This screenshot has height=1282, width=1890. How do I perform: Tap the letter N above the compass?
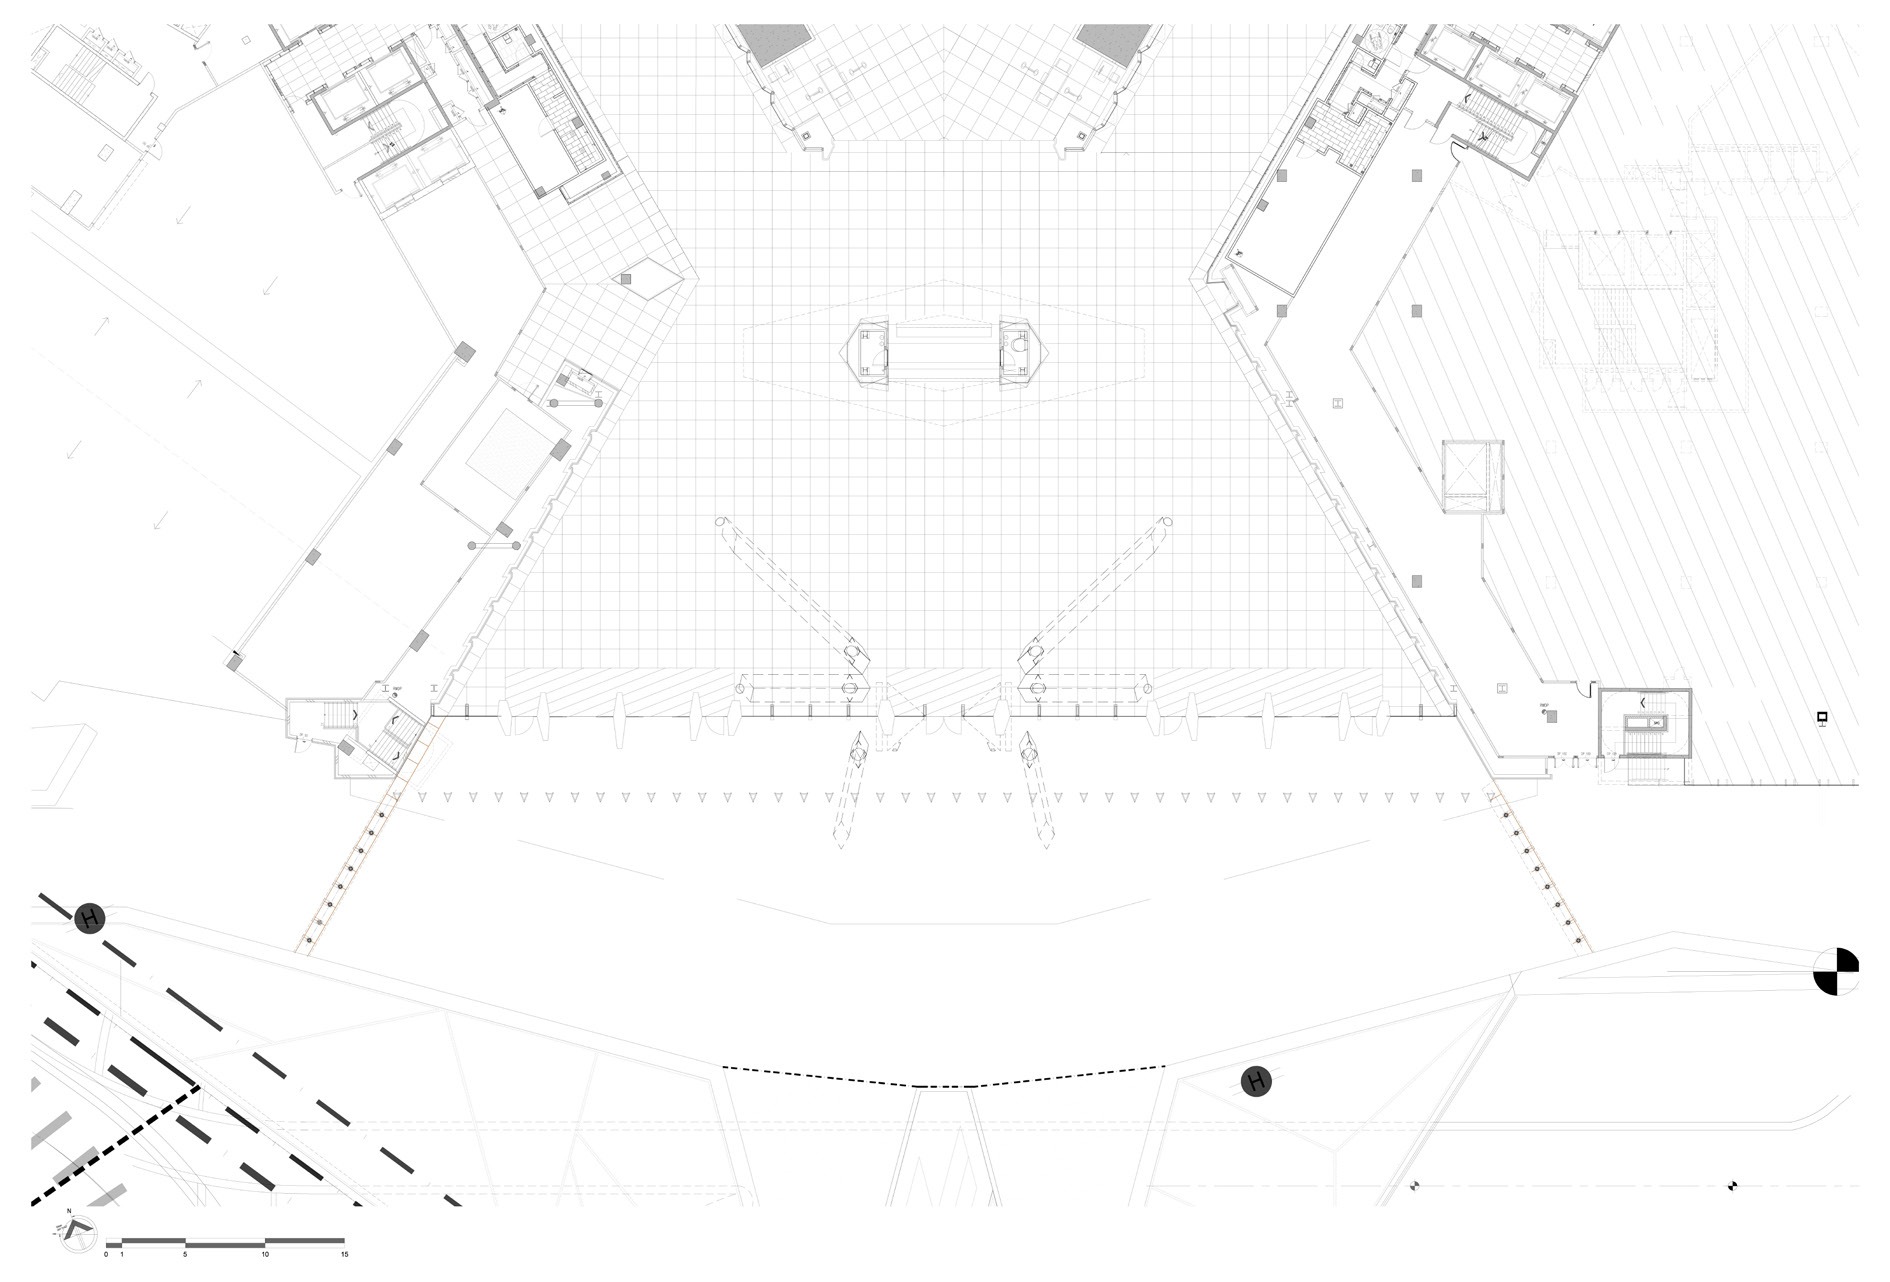69,1212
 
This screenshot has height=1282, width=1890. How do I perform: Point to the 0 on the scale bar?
106,1254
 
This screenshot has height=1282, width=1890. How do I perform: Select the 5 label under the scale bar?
185,1254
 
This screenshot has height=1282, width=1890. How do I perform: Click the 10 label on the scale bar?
264,1254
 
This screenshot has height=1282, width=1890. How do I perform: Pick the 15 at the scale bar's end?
343,1254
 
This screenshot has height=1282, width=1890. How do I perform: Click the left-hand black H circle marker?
90,918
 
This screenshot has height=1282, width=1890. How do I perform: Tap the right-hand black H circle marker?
1256,1081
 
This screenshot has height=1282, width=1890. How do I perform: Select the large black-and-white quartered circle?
1836,971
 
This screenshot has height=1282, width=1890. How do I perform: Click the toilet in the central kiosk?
1019,345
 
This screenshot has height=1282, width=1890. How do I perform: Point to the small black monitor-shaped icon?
1822,717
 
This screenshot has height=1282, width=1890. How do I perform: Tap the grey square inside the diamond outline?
626,281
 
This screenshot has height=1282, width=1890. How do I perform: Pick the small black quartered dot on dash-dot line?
1733,1186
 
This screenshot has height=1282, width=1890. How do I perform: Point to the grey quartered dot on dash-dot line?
1415,1186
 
